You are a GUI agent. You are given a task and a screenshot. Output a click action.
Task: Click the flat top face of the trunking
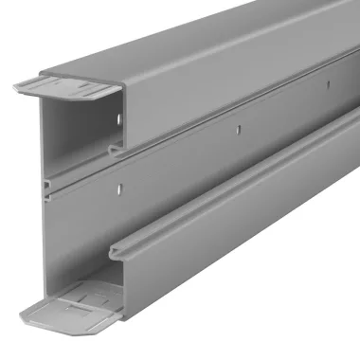point(189,38)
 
